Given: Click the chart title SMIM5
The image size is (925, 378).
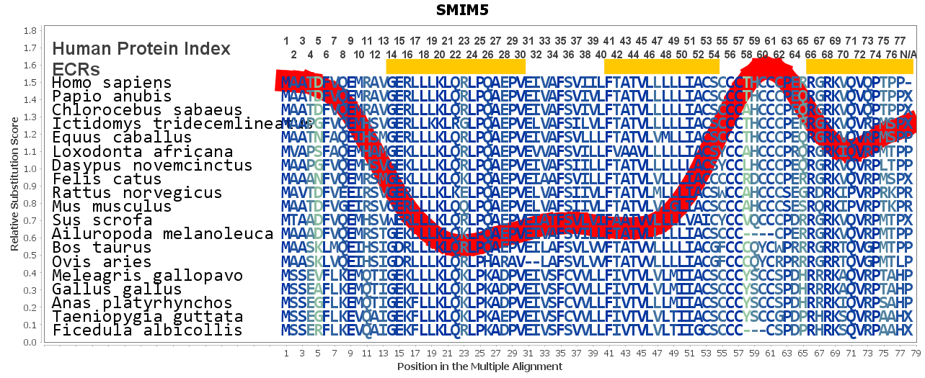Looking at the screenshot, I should point(462,10).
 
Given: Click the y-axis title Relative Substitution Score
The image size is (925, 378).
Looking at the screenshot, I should point(14,186).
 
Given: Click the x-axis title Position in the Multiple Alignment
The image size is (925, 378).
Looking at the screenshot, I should point(479,366).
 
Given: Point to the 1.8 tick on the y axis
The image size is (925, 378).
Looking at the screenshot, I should point(30,31).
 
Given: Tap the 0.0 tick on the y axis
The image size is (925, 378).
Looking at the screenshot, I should point(30,342).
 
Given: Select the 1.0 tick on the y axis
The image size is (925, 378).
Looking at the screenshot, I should point(30,169).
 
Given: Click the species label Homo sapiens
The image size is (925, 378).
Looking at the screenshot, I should point(112,83).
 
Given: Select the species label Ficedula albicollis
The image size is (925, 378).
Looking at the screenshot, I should point(146,330).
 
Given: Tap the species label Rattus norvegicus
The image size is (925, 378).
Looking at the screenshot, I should point(137,193).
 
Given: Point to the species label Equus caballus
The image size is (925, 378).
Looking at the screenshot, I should point(122,138).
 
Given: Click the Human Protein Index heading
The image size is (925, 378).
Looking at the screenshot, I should point(141,49).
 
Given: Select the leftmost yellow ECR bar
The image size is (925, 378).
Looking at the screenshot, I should point(456,66).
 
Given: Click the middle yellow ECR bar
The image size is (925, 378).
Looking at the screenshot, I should point(661,66).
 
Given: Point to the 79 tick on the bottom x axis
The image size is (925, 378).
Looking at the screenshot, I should point(916,354).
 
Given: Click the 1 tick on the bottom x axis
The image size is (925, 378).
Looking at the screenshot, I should point(286,354).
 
